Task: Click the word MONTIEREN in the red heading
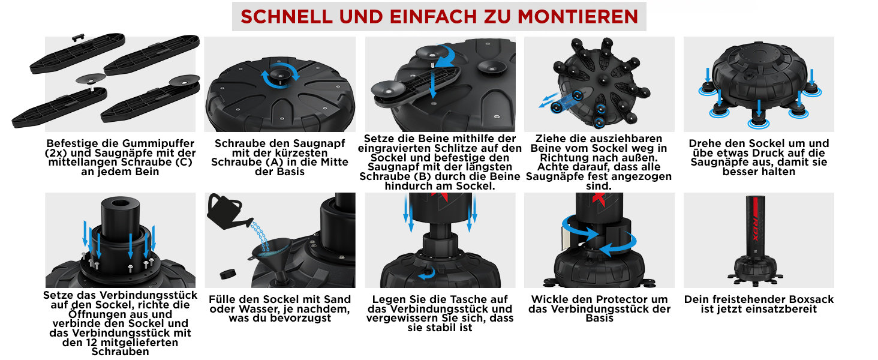pyautogui.click(x=578, y=17)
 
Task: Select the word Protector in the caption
pyautogui.click(x=602, y=299)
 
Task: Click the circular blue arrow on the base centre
pyautogui.click(x=279, y=76)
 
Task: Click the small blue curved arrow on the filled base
pyautogui.click(x=427, y=274)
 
